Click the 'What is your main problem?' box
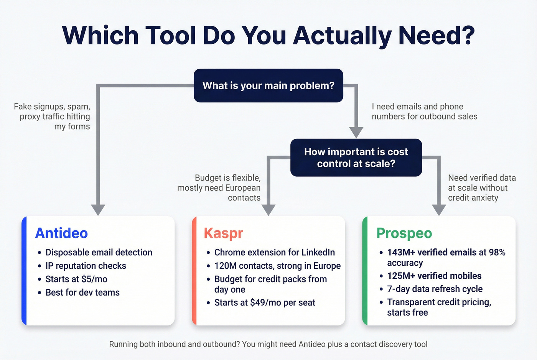point(268,85)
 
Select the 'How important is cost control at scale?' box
point(356,158)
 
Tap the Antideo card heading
point(61,233)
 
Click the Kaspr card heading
point(223,233)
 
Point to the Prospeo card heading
point(404,233)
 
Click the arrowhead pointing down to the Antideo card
point(98,210)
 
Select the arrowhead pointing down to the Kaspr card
point(268,210)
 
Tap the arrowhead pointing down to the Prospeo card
point(439,210)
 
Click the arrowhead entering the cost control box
point(356,132)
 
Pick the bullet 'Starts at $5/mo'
point(76,279)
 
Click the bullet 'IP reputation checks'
point(86,266)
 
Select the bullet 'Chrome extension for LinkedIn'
point(274,252)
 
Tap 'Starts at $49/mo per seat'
point(264,302)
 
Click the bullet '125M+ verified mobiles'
point(434,276)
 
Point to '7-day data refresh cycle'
point(435,289)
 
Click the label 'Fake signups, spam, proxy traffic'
point(54,116)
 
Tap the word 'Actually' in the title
point(342,35)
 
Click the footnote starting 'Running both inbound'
point(268,344)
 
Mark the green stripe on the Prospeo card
point(365,271)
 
